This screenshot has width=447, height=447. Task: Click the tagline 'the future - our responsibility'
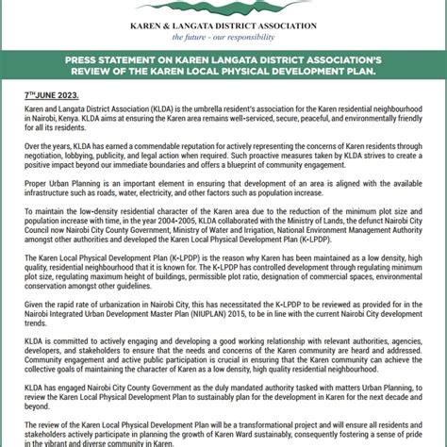(x=223, y=37)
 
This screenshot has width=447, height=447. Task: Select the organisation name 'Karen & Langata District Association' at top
(x=223, y=25)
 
